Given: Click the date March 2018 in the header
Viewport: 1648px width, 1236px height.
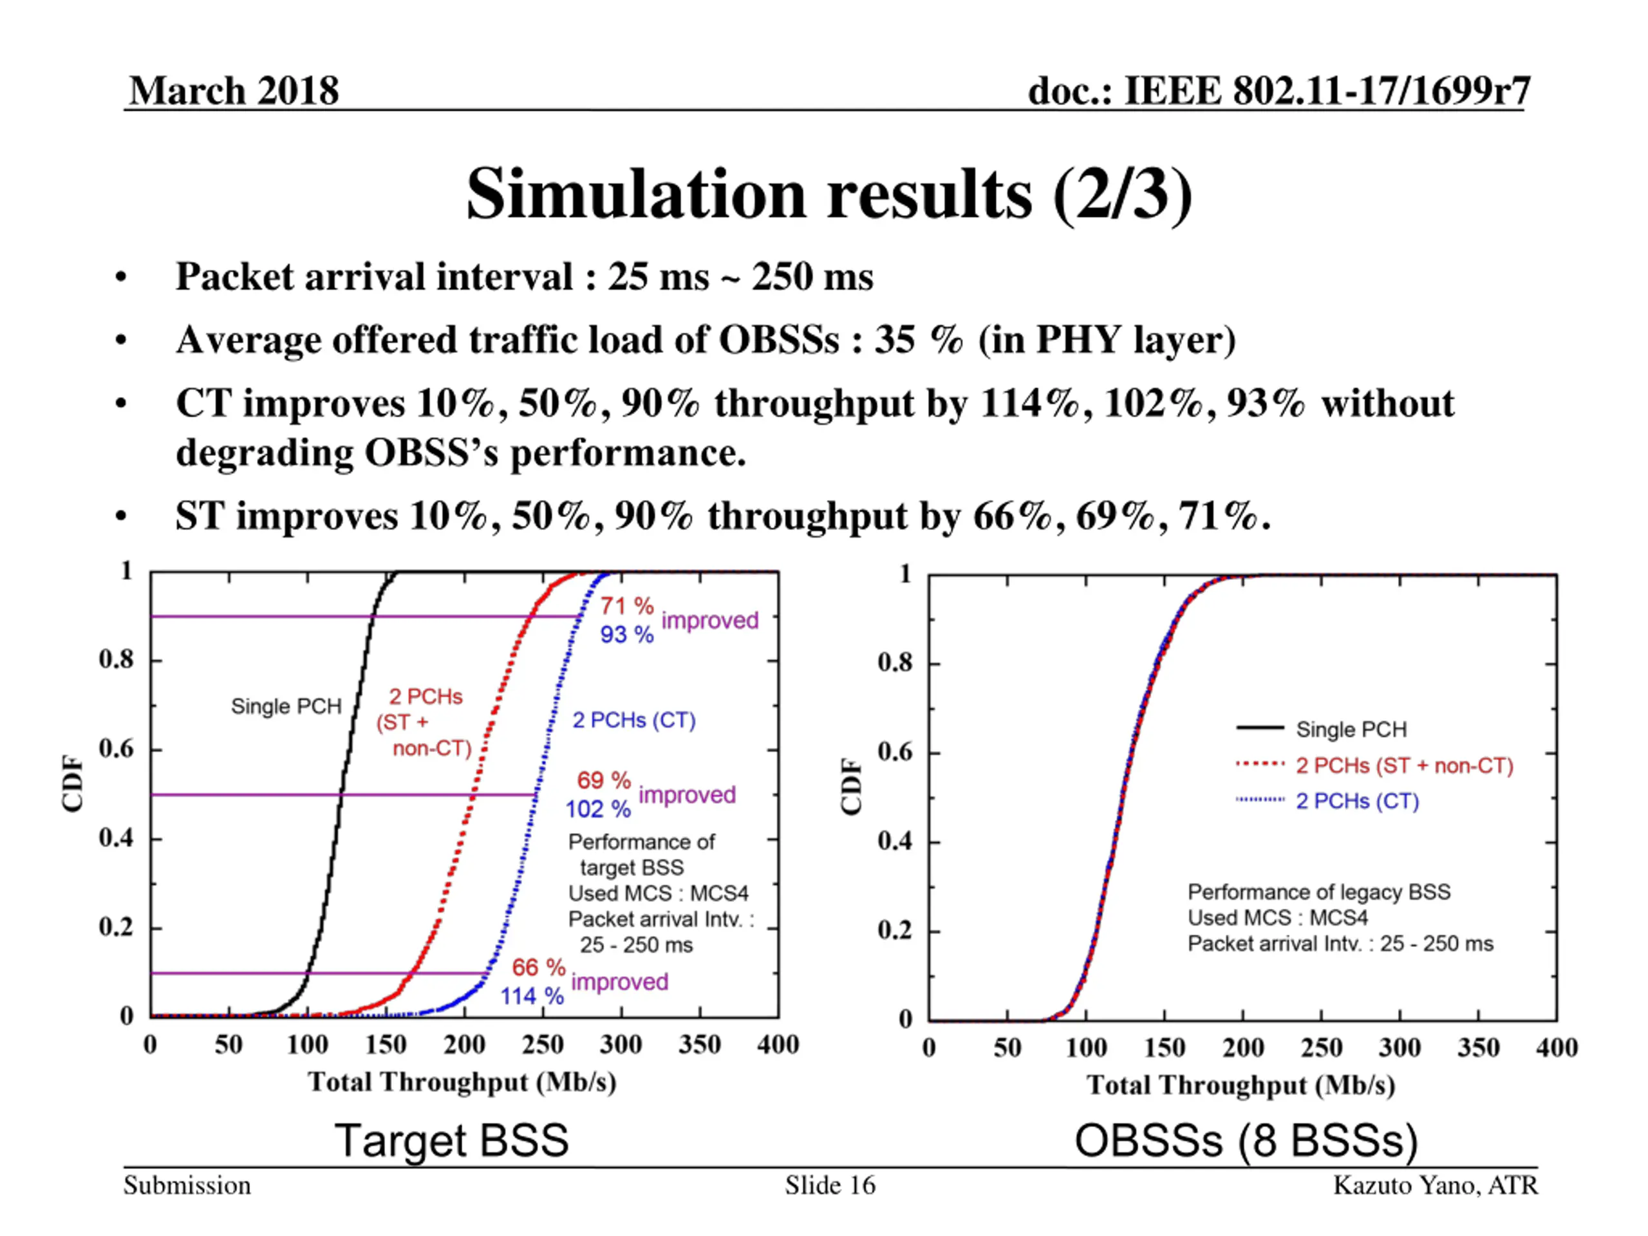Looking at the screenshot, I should pos(234,91).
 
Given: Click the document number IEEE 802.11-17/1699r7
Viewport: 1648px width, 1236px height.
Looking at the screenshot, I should pos(1278,91).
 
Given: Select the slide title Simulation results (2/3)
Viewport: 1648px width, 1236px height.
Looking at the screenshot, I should pos(829,194).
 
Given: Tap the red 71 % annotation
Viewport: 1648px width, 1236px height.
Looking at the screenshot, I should pos(626,606).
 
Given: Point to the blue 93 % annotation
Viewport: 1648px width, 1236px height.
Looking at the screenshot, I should pos(626,635).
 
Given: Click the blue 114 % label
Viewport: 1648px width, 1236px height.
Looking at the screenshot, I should pos(531,996).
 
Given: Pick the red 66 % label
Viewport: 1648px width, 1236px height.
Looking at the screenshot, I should pos(538,967).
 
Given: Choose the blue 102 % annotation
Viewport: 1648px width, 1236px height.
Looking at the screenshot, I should pos(597,809).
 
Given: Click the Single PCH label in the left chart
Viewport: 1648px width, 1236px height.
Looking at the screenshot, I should pos(286,706).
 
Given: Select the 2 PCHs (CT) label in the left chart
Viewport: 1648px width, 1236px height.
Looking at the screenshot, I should pos(633,720).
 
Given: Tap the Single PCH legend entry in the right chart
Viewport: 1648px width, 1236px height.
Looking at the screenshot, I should pos(1351,729).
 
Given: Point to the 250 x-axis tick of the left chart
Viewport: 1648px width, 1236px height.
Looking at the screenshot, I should pos(543,1045).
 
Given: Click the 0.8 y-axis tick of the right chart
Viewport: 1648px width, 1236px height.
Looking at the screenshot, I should pos(894,662).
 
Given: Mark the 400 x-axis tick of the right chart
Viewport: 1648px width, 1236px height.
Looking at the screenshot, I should pos(1557,1048).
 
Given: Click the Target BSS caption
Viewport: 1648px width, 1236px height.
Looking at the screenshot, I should pos(451,1140).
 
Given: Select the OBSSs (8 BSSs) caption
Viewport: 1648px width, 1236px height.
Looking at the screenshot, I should pos(1246,1141).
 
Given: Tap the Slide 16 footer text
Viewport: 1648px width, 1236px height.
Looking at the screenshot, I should pos(830,1185).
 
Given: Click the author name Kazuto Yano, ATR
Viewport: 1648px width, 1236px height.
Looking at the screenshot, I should pos(1435,1185).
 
